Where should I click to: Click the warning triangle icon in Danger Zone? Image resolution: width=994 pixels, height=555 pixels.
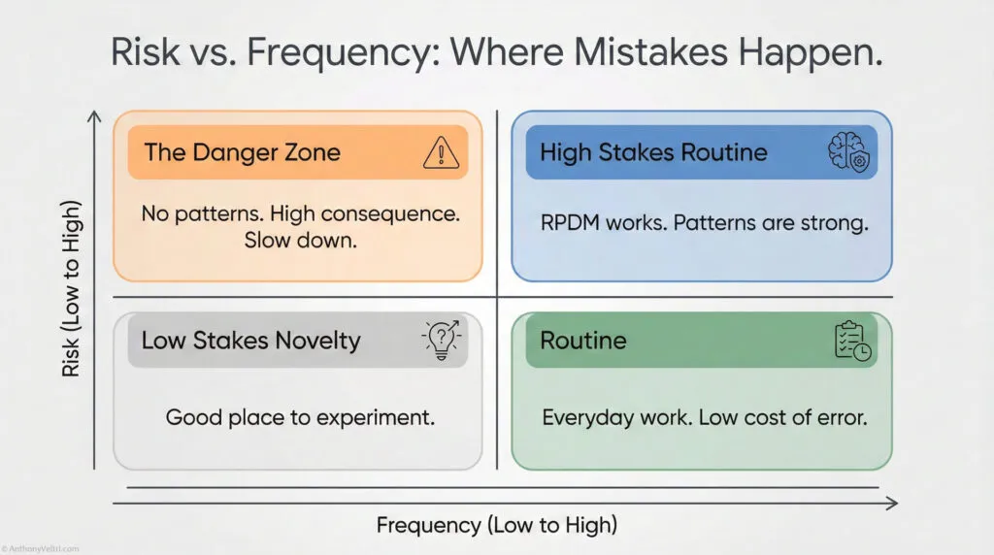pos(441,152)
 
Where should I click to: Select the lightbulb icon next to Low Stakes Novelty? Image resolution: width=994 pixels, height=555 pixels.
pos(441,340)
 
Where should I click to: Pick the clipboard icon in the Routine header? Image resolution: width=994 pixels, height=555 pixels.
pos(852,340)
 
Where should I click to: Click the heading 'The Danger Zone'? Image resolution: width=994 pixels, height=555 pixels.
pos(242,152)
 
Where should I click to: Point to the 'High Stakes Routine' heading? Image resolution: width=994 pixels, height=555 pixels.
pos(653,152)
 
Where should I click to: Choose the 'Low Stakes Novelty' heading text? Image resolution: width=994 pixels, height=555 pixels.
pos(250,341)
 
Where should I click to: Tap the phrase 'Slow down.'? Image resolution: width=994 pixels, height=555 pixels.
pos(297,240)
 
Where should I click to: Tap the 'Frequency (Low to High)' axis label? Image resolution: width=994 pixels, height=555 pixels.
pos(496,525)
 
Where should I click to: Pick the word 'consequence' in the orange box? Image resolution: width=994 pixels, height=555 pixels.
pos(392,212)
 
